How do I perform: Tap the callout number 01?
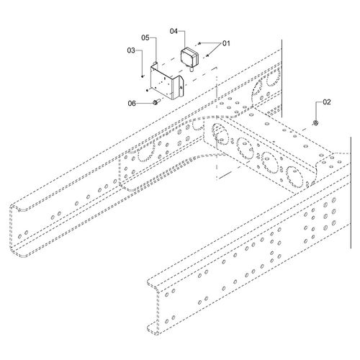coord(225,43)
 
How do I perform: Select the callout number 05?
coord(145,37)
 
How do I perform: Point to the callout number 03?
coord(131,50)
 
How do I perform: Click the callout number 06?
coord(132,103)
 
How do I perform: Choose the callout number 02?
coord(326,102)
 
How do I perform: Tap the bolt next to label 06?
coord(155,104)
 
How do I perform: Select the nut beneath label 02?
coord(316,124)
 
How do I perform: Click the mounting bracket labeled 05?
coord(163,82)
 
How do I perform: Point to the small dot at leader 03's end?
coord(141,72)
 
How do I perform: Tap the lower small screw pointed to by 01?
coord(208,54)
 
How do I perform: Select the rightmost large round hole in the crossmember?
coord(294,174)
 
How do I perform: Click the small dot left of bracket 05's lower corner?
coord(146,91)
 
